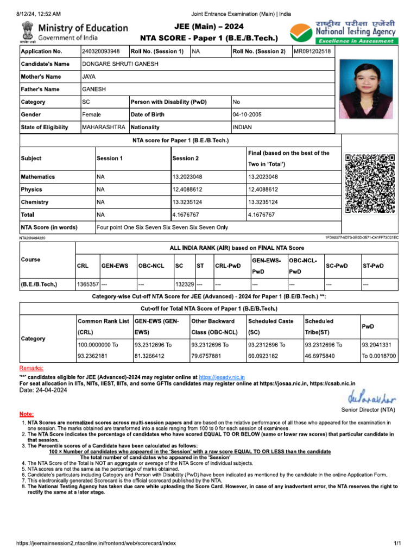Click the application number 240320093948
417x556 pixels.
coord(100,52)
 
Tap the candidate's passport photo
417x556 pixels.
coord(366,89)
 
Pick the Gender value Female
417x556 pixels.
coord(91,115)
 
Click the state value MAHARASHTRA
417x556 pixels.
coord(103,127)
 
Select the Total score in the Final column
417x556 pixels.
coord(261,215)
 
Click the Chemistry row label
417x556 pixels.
coord(35,202)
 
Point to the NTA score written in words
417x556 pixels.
coord(162,228)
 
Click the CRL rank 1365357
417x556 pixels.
coord(87,284)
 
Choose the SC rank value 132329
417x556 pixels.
coord(185,284)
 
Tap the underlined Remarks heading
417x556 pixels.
coord(31,368)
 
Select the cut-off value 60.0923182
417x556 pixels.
coord(266,356)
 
